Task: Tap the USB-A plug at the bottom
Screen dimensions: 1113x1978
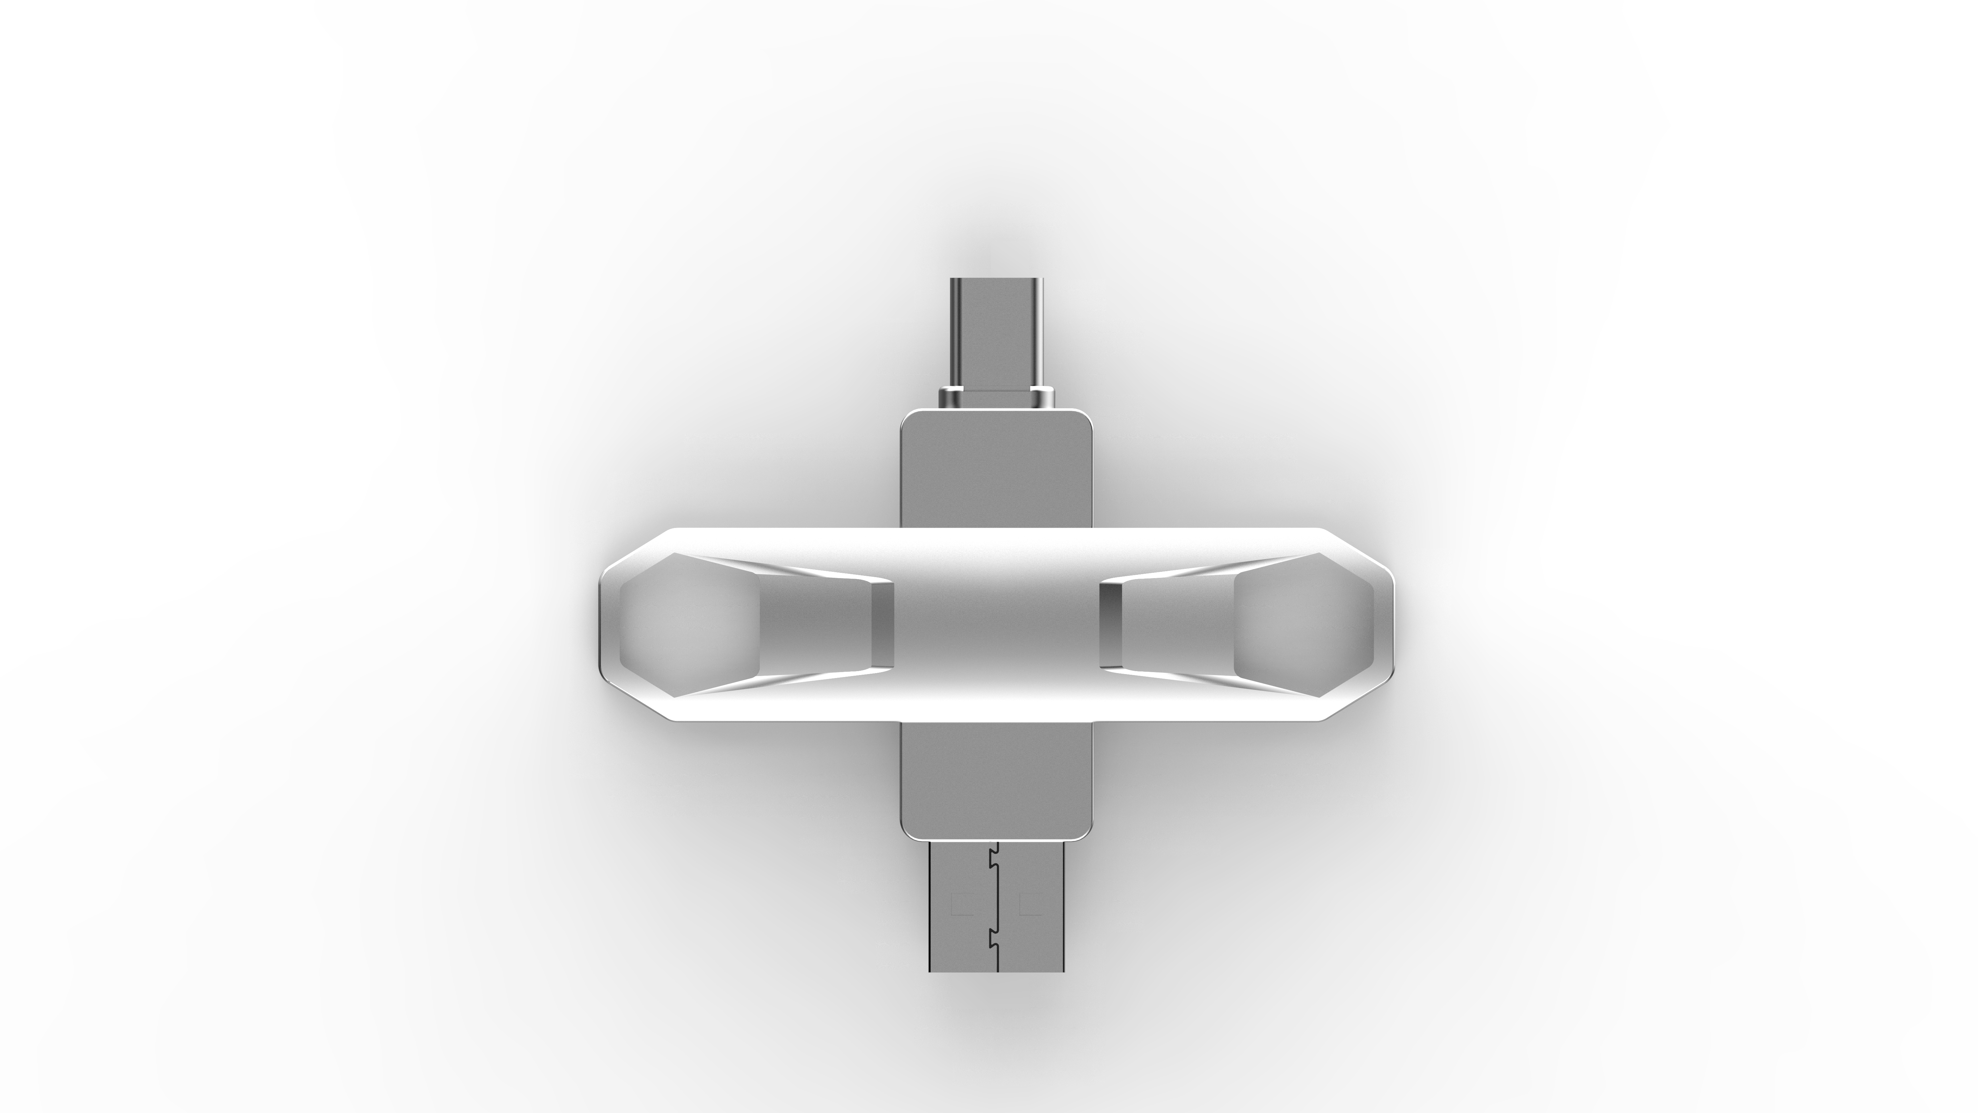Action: point(996,906)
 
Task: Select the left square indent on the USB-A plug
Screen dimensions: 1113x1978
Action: point(961,904)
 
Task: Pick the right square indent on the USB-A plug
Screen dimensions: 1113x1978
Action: point(1030,904)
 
